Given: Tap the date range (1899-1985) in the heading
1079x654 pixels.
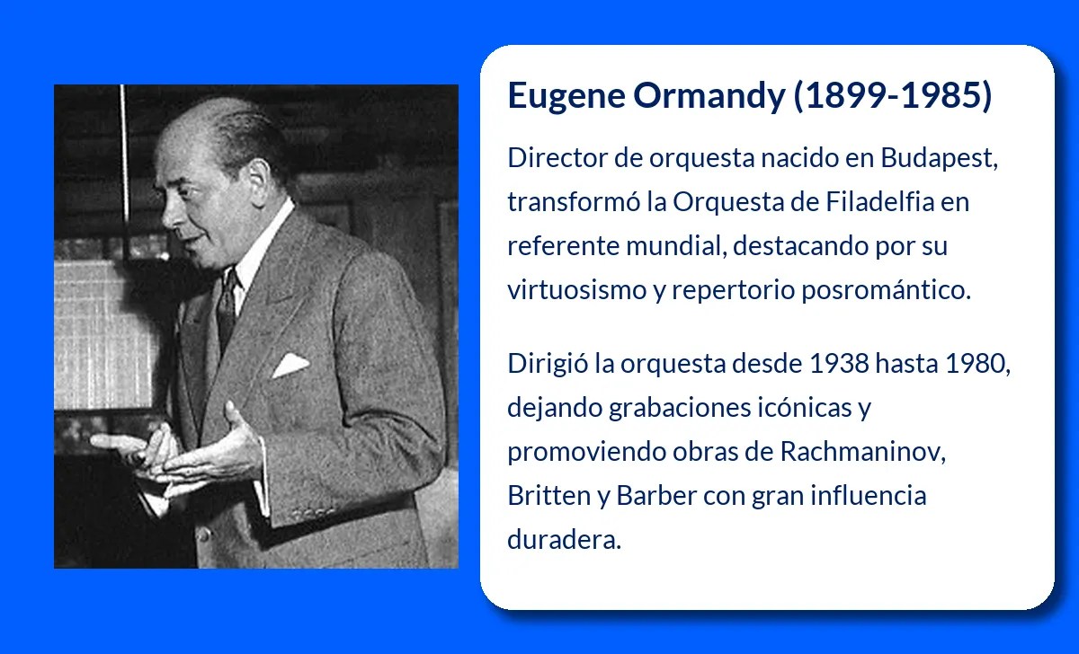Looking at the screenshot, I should [893, 96].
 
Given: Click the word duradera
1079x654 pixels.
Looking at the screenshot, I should [564, 540].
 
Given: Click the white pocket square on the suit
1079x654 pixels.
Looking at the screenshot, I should [290, 364].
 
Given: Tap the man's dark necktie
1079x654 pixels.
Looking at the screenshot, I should [227, 301].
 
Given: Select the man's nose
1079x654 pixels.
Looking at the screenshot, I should [168, 210].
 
